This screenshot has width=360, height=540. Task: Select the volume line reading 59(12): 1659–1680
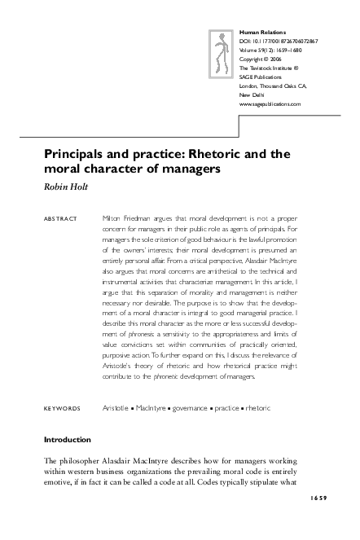(274, 48)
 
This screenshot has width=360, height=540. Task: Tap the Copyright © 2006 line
(261, 58)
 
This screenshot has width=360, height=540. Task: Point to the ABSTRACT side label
(59, 219)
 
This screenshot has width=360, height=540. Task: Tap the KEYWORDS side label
(61, 407)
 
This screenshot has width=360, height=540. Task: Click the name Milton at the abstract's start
(113, 219)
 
